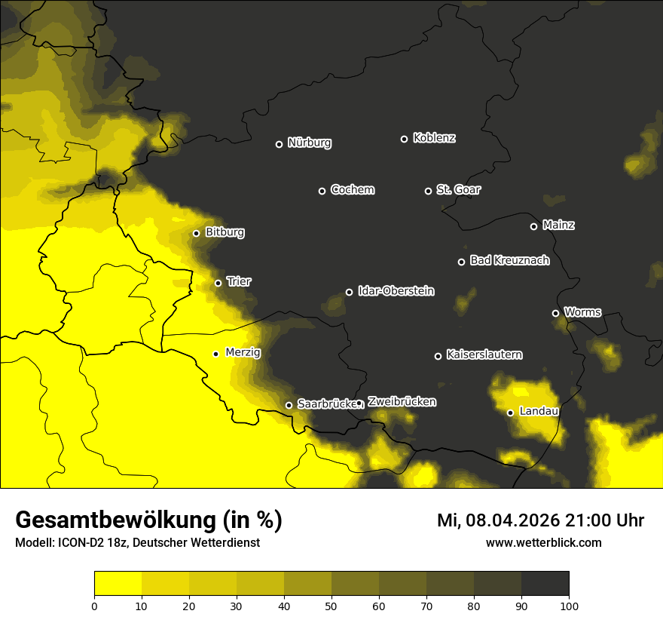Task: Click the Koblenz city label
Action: pos(434,138)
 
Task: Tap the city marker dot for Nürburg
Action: pos(279,144)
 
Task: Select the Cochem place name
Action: pos(352,190)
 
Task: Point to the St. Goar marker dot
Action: pos(428,191)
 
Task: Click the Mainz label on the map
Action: pos(558,226)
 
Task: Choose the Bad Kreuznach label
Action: pos(509,261)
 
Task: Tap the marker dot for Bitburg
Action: pos(196,233)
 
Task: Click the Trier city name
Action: pos(239,282)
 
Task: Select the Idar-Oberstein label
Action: pos(396,291)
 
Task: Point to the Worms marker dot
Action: pos(555,313)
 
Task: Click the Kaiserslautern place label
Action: pos(484,354)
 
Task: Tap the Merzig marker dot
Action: pos(215,354)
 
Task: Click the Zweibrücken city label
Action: pos(402,402)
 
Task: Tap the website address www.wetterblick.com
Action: pos(543,542)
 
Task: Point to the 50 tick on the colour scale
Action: pos(331,605)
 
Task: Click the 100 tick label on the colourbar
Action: pos(569,605)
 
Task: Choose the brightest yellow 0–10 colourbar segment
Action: pos(118,584)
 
